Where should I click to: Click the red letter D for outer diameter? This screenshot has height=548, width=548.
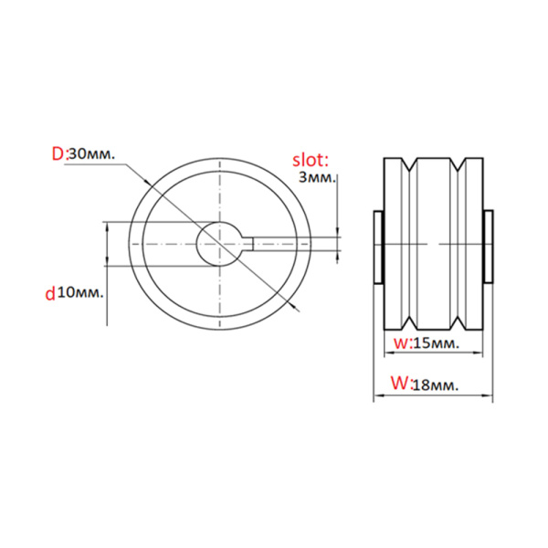click(58, 154)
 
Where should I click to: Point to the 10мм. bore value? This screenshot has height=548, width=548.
click(79, 292)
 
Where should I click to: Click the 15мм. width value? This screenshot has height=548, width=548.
click(434, 342)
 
